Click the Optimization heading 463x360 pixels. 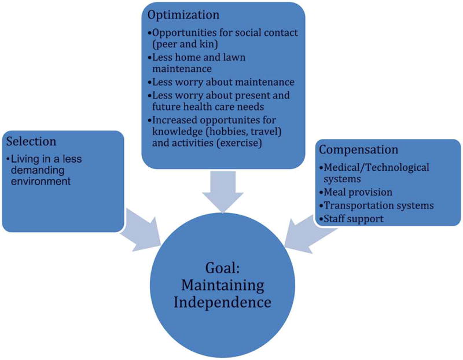[x=185, y=14]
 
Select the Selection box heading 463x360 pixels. [x=31, y=142]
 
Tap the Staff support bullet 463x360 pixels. [x=354, y=219]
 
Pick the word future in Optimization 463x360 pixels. [x=166, y=107]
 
